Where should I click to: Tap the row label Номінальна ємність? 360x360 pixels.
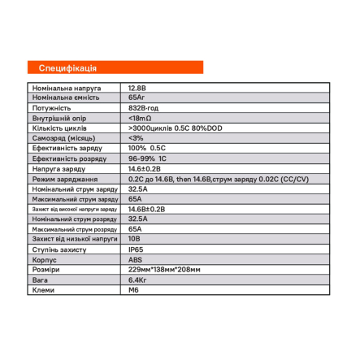pyautogui.click(x=65, y=98)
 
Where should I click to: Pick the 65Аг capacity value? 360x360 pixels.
pyautogui.click(x=137, y=98)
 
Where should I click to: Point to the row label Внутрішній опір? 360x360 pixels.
pyautogui.click(x=59, y=119)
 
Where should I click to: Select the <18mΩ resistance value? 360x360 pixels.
pyautogui.click(x=140, y=119)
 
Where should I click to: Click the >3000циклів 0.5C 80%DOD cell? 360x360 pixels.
pyautogui.click(x=174, y=128)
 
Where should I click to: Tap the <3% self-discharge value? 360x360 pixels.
pyautogui.click(x=135, y=138)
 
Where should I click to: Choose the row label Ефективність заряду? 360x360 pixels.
pyautogui.click(x=67, y=149)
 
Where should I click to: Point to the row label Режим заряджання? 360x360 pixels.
pyautogui.click(x=65, y=179)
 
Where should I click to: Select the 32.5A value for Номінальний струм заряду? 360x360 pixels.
pyautogui.click(x=138, y=189)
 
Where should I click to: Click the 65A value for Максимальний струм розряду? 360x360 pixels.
pyautogui.click(x=135, y=229)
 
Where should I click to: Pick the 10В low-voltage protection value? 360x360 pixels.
pyautogui.click(x=135, y=239)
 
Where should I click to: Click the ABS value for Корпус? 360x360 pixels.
pyautogui.click(x=135, y=259)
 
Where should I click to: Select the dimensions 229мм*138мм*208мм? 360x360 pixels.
pyautogui.click(x=164, y=270)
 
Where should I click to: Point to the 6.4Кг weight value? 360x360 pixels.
pyautogui.click(x=137, y=280)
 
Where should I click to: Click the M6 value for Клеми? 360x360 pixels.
pyautogui.click(x=134, y=289)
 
